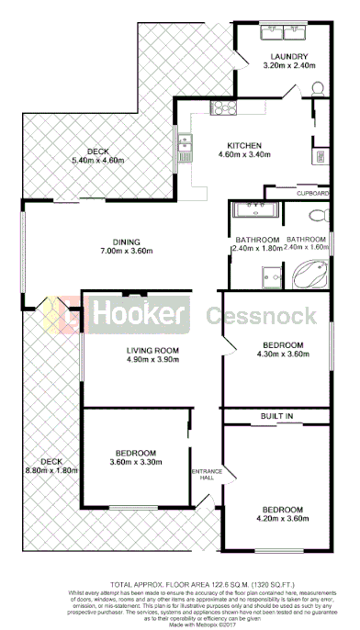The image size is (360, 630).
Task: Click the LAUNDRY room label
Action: pyautogui.click(x=289, y=56)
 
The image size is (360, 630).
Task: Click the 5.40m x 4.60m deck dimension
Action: pyautogui.click(x=97, y=162)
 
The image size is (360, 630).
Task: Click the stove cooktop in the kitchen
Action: pyautogui.click(x=225, y=109)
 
